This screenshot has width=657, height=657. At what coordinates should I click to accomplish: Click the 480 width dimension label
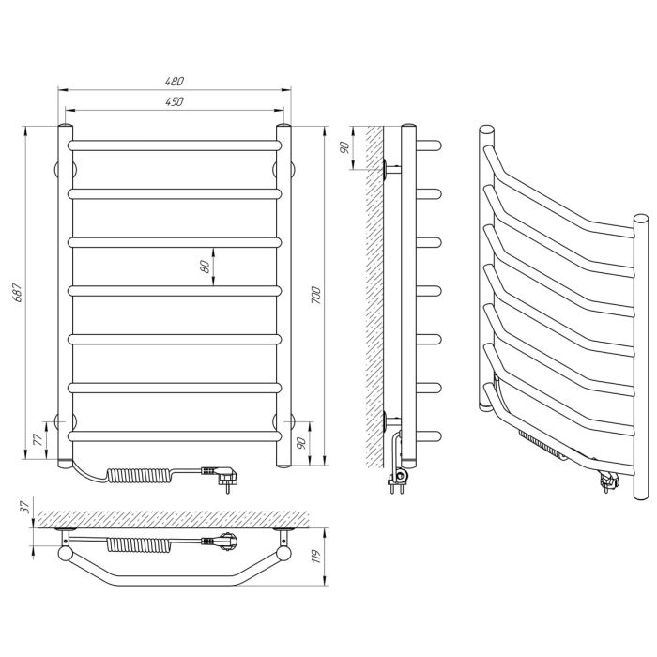pyautogui.click(x=175, y=81)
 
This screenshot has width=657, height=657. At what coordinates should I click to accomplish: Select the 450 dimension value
pyautogui.click(x=175, y=101)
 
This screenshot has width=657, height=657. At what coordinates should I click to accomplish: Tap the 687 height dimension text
pyautogui.click(x=18, y=293)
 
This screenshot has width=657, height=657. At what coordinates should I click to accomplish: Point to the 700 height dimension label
pyautogui.click(x=316, y=296)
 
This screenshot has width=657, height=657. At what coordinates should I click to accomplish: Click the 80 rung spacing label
pyautogui.click(x=205, y=267)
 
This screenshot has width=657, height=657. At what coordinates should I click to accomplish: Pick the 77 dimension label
pyautogui.click(x=38, y=439)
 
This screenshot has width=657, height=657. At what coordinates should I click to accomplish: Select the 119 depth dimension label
pyautogui.click(x=316, y=556)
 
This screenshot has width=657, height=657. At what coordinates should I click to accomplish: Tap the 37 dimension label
pyautogui.click(x=26, y=508)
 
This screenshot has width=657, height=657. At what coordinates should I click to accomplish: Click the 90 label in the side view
pyautogui.click(x=345, y=147)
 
